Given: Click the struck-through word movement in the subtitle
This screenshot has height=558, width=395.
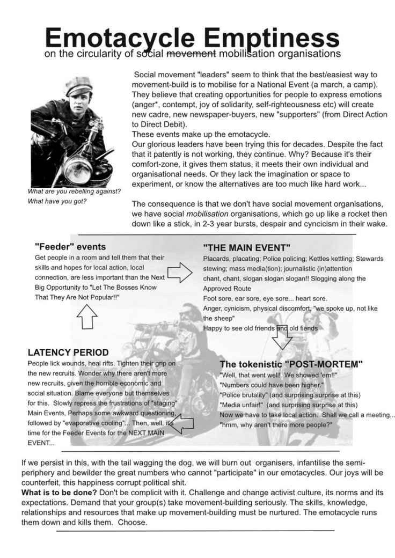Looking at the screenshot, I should tap(192, 54).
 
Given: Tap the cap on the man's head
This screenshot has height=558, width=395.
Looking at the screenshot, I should tap(78, 86).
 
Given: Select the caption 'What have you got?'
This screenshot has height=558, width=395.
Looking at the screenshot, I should tap(57, 201).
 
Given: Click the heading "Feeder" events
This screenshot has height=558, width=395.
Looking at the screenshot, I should tap(70, 247).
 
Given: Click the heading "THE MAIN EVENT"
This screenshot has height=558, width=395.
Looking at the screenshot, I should tap(247, 248).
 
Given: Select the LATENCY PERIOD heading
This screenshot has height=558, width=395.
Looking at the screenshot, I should tap(68, 353).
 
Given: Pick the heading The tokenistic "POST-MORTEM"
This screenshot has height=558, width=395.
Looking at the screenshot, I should tap(291, 364).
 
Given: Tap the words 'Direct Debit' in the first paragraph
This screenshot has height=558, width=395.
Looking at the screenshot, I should tap(157, 123).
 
